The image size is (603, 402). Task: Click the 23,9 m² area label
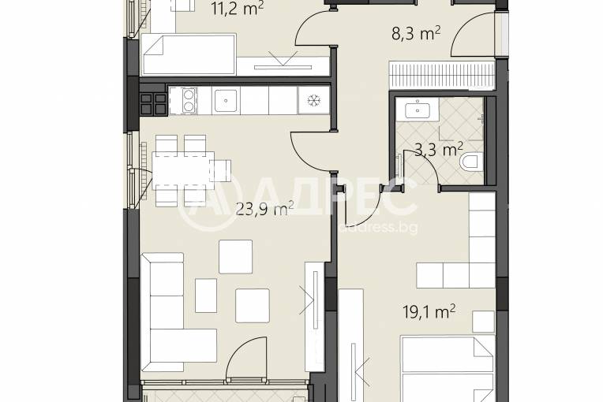click(264, 209)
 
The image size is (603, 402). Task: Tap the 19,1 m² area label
click(429, 312)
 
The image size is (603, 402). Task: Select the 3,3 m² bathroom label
click(438, 149)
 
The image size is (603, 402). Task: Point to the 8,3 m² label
click(416, 34)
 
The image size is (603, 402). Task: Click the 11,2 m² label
click(238, 9)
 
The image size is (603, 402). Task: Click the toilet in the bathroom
click(471, 162)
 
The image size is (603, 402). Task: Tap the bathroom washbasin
click(418, 109)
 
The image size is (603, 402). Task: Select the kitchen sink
click(226, 101)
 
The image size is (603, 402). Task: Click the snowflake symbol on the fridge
click(314, 101)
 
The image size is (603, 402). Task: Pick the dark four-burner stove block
click(154, 104)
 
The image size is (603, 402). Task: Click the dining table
click(183, 170)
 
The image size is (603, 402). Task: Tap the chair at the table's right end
click(221, 170)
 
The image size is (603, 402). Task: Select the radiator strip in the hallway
click(441, 75)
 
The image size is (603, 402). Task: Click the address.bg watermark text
click(378, 228)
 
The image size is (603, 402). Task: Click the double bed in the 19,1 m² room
click(448, 369)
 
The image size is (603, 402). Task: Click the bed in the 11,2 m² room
click(189, 54)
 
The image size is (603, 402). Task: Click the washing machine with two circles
click(183, 101)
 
